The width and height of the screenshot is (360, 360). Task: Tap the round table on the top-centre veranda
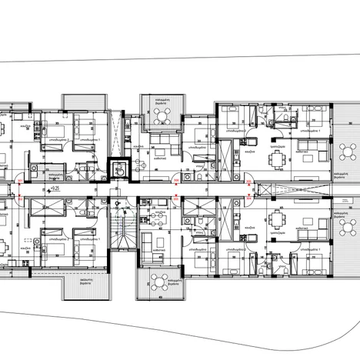coord(161,115)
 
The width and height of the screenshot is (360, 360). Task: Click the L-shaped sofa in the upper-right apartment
coord(311,142)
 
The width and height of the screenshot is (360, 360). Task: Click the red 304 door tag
coord(176,182)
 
